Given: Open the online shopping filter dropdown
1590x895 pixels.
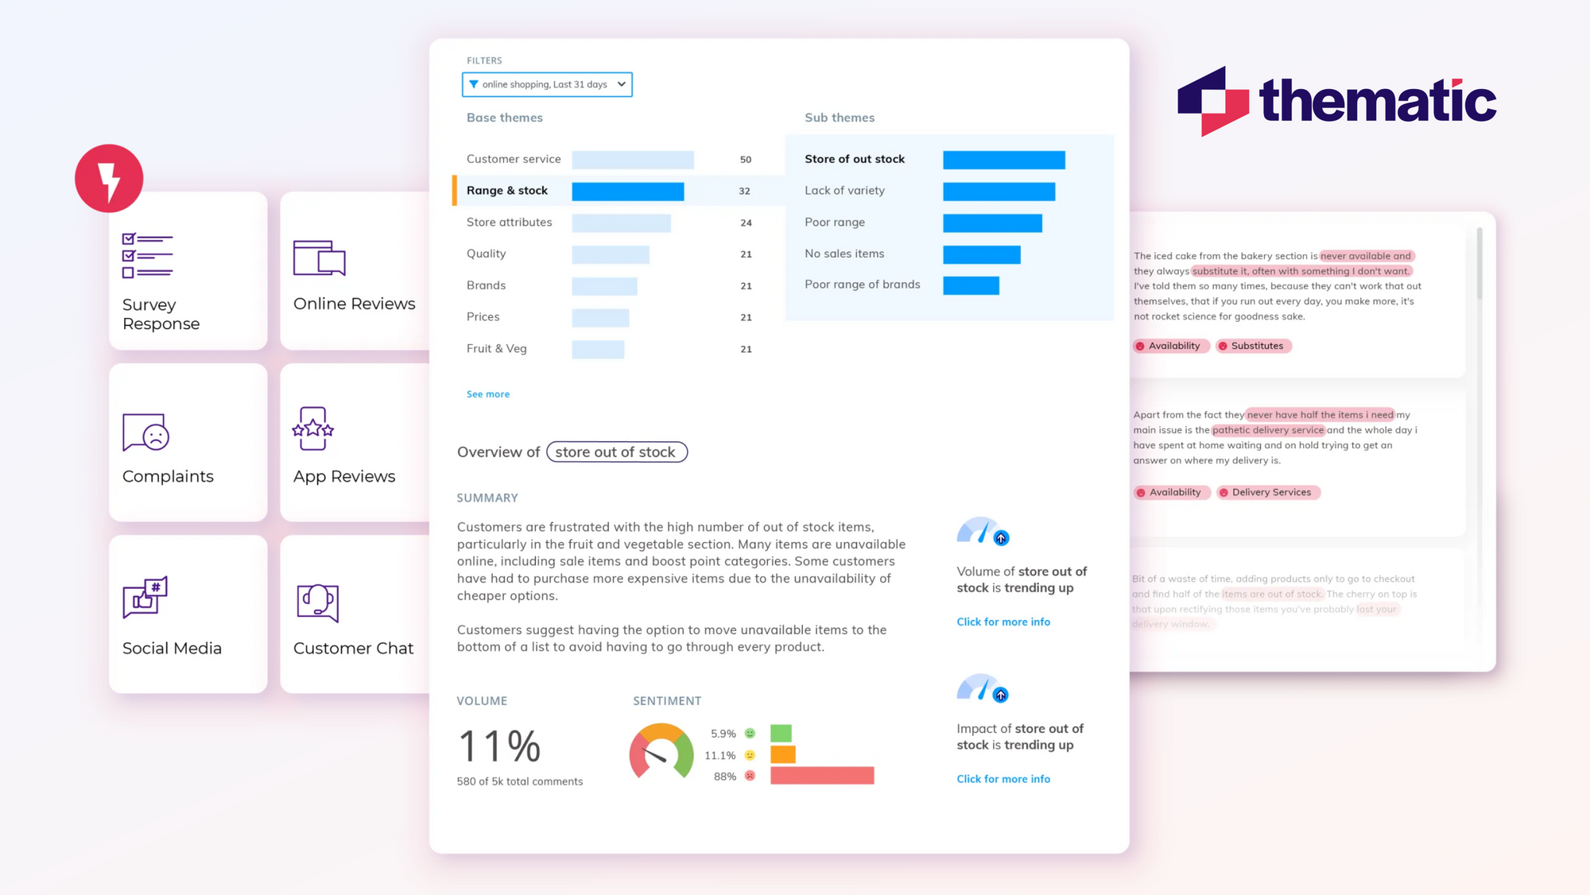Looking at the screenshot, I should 547,84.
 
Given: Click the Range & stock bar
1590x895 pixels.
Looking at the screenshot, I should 627,192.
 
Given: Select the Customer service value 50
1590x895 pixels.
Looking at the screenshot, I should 745,160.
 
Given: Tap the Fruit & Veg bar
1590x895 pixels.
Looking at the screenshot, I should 598,349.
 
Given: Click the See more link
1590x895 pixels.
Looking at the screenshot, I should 487,394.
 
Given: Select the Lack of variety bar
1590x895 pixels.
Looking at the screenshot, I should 999,192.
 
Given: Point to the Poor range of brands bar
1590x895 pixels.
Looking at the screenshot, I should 971,285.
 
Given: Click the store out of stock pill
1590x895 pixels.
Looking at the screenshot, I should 616,452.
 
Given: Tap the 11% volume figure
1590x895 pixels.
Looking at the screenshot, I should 499,746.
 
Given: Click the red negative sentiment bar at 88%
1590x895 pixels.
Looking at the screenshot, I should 822,776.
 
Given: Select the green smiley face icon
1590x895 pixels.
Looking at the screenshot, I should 750,734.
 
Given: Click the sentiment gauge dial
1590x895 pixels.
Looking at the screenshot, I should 661,752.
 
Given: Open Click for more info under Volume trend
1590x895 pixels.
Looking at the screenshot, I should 1002,622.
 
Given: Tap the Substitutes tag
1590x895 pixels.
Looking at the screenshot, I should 1254,346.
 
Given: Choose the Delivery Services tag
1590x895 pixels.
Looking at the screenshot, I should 1268,493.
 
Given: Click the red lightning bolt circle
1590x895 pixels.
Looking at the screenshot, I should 109,179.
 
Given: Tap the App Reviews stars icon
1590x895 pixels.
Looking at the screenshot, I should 313,429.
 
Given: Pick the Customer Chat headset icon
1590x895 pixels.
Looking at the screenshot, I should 318,602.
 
